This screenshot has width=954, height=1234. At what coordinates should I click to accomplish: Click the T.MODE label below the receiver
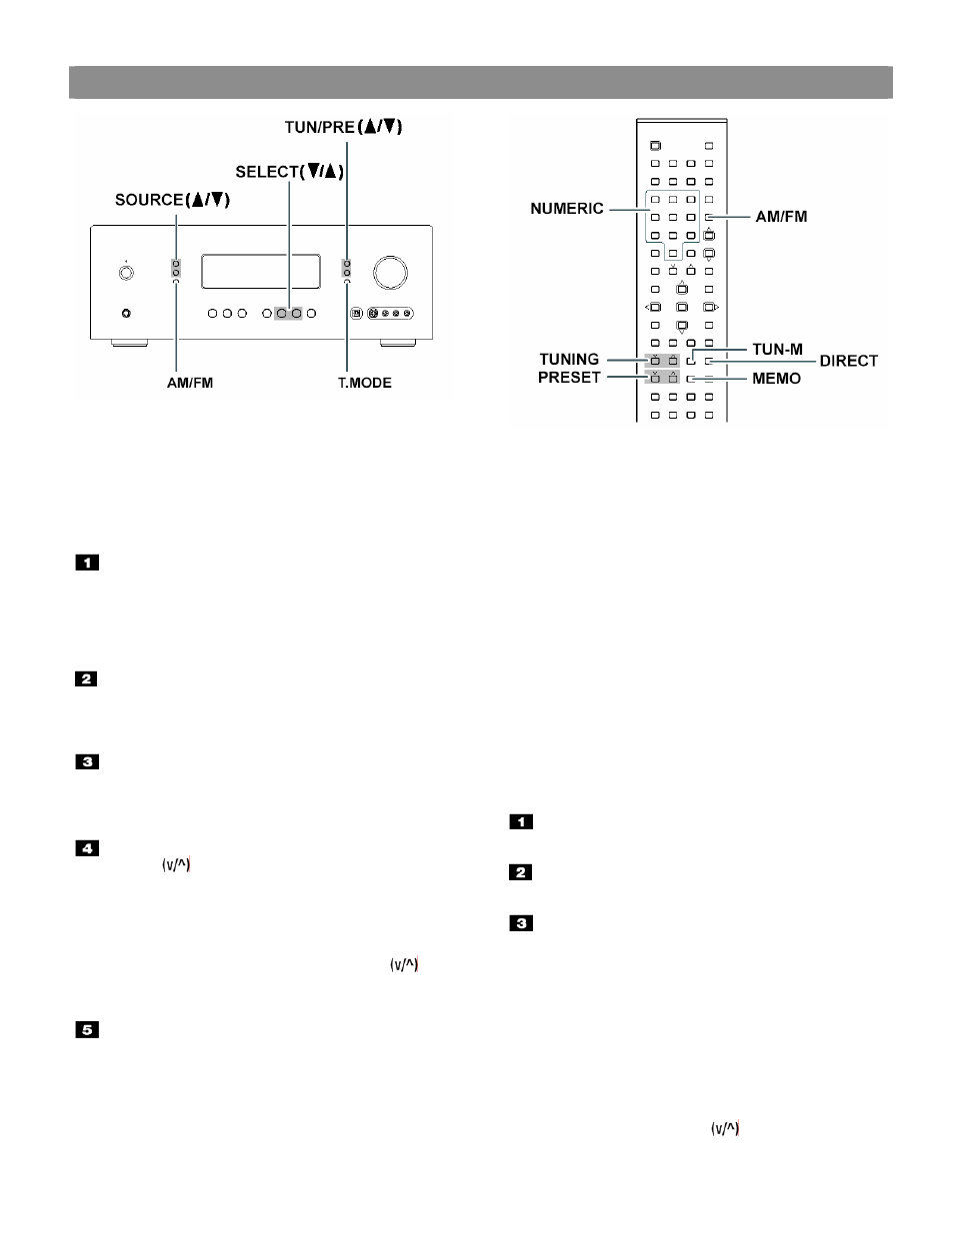coord(365,383)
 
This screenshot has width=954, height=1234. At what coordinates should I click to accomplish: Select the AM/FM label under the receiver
coord(190,383)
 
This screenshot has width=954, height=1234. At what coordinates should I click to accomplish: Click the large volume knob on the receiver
coord(390,273)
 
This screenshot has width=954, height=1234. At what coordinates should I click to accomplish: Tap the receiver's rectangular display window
coord(261,271)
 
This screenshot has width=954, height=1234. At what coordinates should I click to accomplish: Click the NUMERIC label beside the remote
coord(566,209)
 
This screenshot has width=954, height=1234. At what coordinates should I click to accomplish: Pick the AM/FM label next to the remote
coord(781,217)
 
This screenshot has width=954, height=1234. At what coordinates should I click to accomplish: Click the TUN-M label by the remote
coord(777,350)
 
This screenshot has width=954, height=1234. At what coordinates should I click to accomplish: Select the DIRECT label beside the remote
coord(848,361)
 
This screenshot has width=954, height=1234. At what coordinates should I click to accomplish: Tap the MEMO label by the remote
coord(776,379)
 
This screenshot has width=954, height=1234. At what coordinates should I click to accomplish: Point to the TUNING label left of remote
coord(569,359)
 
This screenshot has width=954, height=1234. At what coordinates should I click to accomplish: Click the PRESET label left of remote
coord(569,377)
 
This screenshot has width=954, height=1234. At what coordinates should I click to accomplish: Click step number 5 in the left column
coord(87,1029)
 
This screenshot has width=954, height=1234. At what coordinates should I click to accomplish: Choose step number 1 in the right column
coord(521,821)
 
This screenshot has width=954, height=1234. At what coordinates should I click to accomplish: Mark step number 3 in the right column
coord(521,923)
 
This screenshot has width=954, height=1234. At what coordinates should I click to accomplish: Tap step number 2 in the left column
coord(86,678)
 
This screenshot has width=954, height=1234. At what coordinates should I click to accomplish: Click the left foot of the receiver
coord(130,343)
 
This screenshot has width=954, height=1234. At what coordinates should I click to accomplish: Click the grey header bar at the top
coord(481,82)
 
